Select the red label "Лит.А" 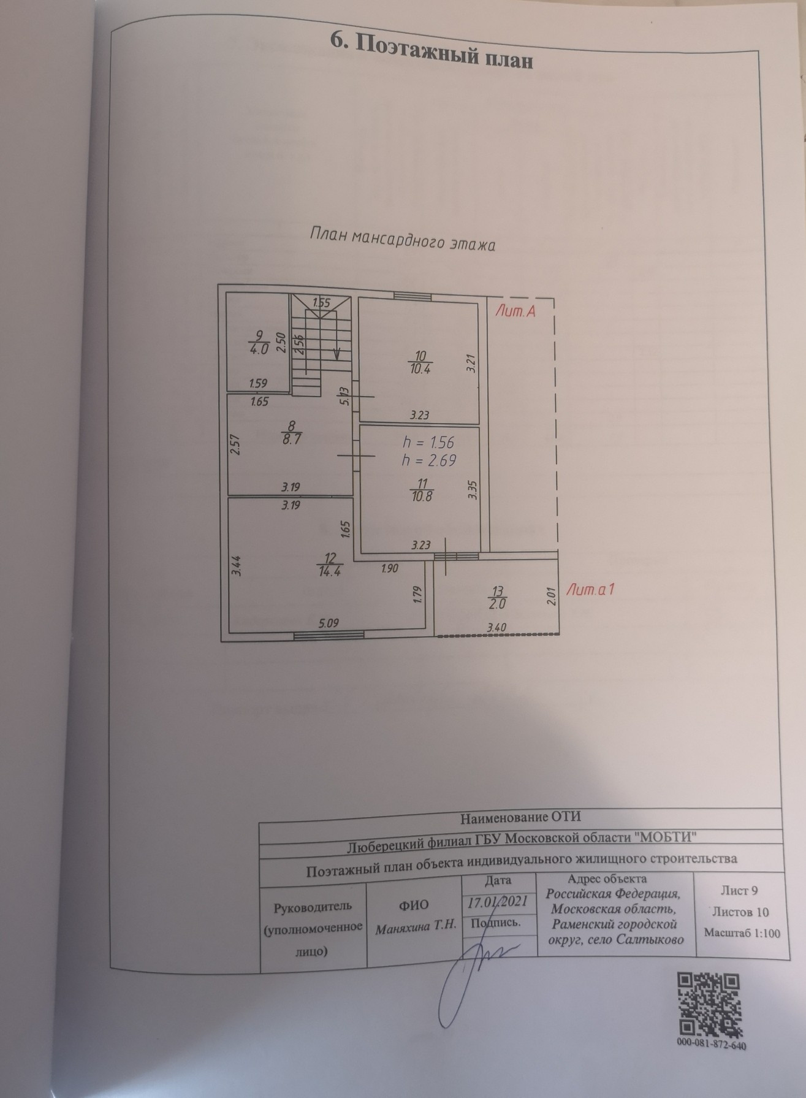(x=515, y=311)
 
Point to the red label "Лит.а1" (x=590, y=590)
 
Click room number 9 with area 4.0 (x=259, y=343)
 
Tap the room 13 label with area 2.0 (x=498, y=598)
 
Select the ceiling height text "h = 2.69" (x=428, y=461)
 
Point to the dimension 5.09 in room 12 (x=329, y=623)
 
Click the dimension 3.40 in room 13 (x=496, y=627)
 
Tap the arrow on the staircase (x=336, y=353)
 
